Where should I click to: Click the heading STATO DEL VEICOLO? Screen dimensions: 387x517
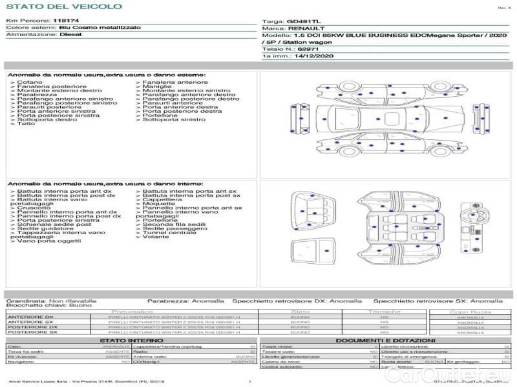[x=64, y=6]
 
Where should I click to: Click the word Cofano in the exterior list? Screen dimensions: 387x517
[x=30, y=83]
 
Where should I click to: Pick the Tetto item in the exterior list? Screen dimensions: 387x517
[x=26, y=123]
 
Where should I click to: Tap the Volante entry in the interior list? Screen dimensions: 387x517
[x=156, y=237]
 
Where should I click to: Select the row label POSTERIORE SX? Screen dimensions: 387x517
[x=32, y=332]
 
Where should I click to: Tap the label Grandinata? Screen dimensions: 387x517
[x=26, y=301]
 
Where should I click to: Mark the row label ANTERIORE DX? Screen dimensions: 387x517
[x=31, y=317]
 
